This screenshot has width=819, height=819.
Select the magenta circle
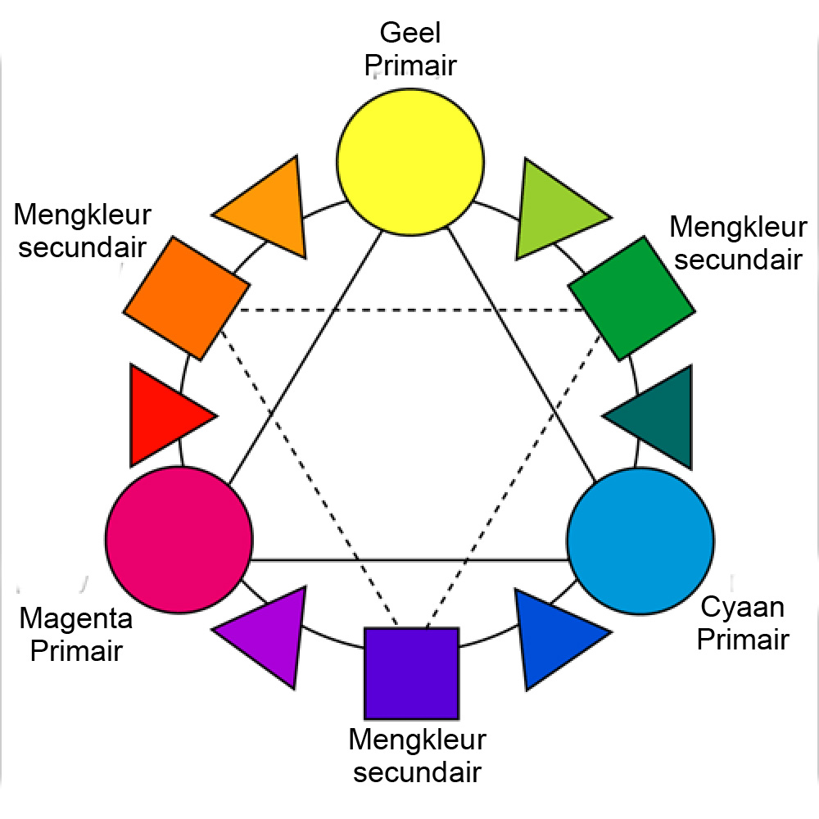coord(179,539)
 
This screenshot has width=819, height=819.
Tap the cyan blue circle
coord(640,541)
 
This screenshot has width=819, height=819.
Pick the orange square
coord(187,297)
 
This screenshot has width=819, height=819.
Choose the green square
coord(631,298)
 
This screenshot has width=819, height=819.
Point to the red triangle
coord(164,414)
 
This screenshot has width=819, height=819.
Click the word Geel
coord(409,34)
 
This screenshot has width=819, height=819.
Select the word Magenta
coord(75,618)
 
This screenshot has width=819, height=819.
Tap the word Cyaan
coord(743,609)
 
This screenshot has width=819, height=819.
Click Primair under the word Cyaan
coord(743,639)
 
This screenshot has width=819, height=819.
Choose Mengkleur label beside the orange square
coord(83,215)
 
